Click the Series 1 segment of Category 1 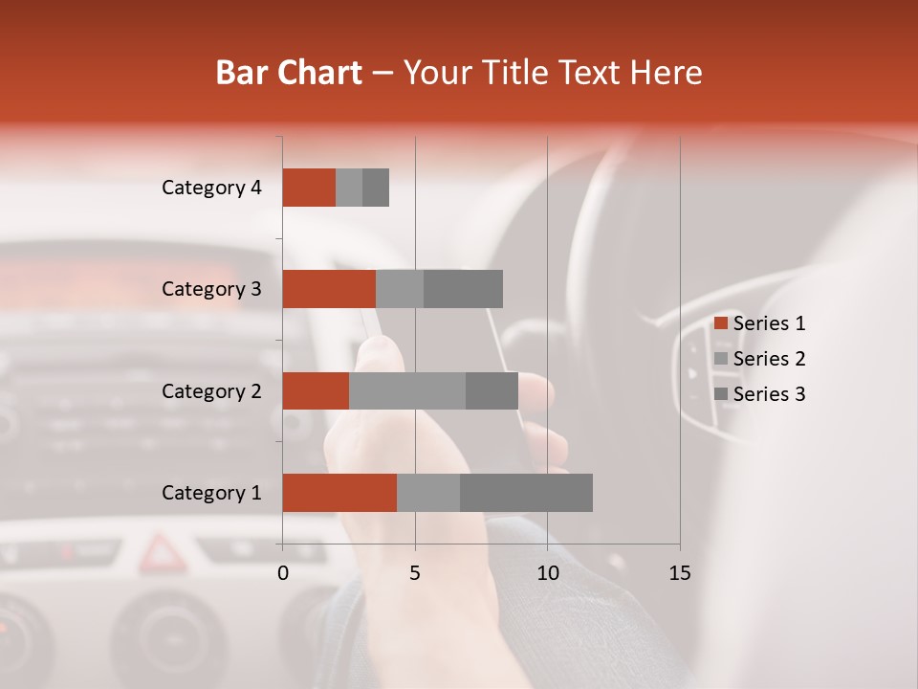[339, 493]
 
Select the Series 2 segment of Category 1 [428, 493]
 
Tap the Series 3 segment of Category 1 [526, 493]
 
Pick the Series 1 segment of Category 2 [316, 390]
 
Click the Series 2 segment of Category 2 [407, 390]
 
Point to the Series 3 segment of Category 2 [492, 390]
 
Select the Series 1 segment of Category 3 [329, 289]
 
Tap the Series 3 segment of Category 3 [463, 289]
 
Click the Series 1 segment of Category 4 [309, 188]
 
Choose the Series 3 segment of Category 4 [376, 188]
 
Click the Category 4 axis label [211, 188]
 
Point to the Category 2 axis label [211, 390]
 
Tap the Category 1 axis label [211, 493]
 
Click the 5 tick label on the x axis [415, 573]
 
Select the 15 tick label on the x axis [679, 573]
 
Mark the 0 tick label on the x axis [283, 573]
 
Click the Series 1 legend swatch [720, 323]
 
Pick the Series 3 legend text [769, 394]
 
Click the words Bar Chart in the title [289, 73]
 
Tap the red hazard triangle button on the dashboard [161, 552]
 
